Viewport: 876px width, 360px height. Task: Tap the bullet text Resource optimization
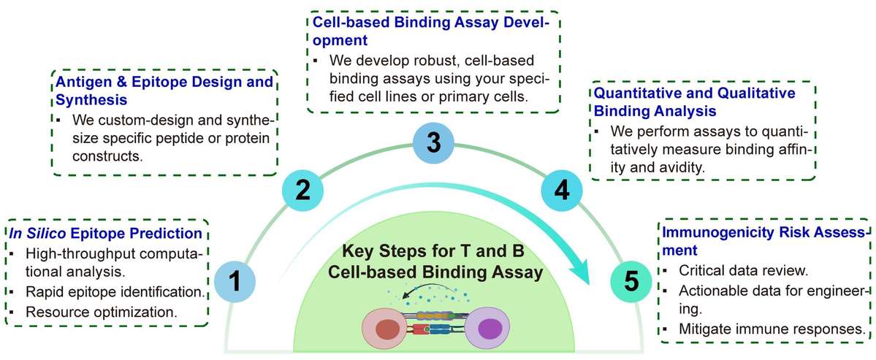coord(96,310)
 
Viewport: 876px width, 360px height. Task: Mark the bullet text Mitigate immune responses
coord(772,329)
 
